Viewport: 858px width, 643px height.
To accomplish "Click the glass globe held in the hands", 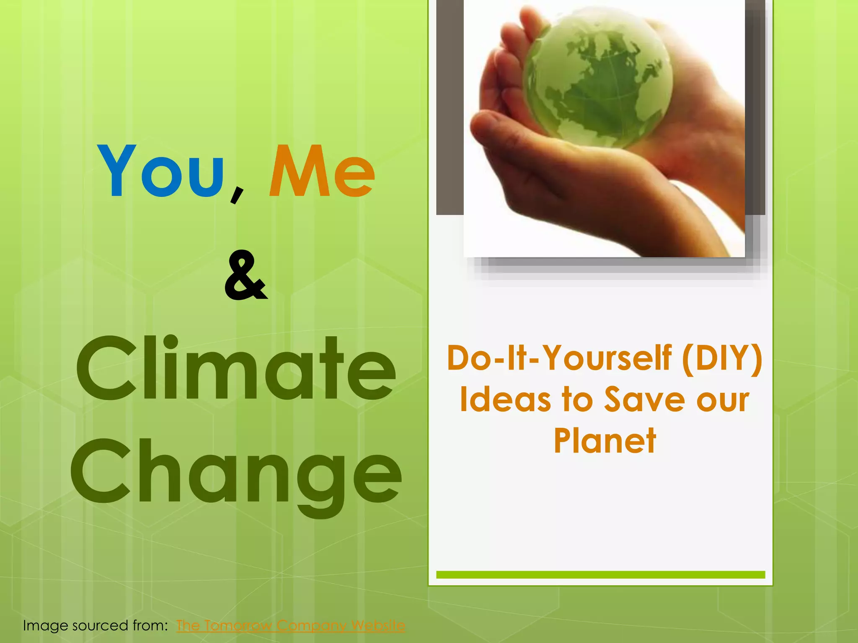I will [x=597, y=80].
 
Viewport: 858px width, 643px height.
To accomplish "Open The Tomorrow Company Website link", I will [x=290, y=625].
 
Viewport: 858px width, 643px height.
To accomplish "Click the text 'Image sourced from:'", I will [x=96, y=625].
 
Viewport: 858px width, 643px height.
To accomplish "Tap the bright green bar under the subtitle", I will [x=600, y=575].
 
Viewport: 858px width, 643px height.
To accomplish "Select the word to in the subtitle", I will [x=578, y=399].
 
